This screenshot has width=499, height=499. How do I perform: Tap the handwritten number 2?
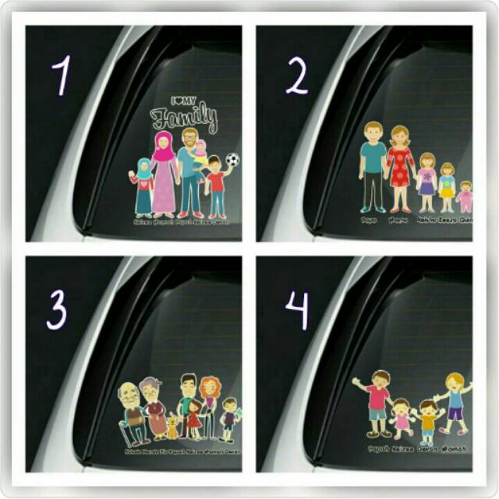pyautogui.click(x=297, y=76)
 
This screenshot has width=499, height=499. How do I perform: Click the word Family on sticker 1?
pyautogui.click(x=184, y=118)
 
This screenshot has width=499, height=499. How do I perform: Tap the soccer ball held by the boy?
pyautogui.click(x=232, y=160)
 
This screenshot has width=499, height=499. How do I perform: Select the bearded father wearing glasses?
pyautogui.click(x=189, y=172)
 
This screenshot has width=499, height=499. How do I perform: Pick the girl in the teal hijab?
pyautogui.click(x=143, y=187)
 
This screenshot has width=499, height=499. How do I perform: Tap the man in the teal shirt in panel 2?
pyautogui.click(x=373, y=166)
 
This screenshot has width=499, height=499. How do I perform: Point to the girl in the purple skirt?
pyautogui.click(x=426, y=182)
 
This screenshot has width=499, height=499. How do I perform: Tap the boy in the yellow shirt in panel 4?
pyautogui.click(x=428, y=420)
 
